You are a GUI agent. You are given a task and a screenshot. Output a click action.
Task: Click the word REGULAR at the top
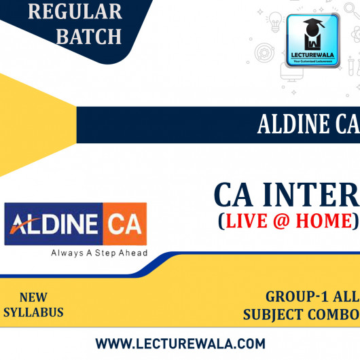66,12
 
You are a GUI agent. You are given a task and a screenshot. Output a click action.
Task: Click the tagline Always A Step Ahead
99,253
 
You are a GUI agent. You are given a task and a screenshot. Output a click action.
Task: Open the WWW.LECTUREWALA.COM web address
180,343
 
